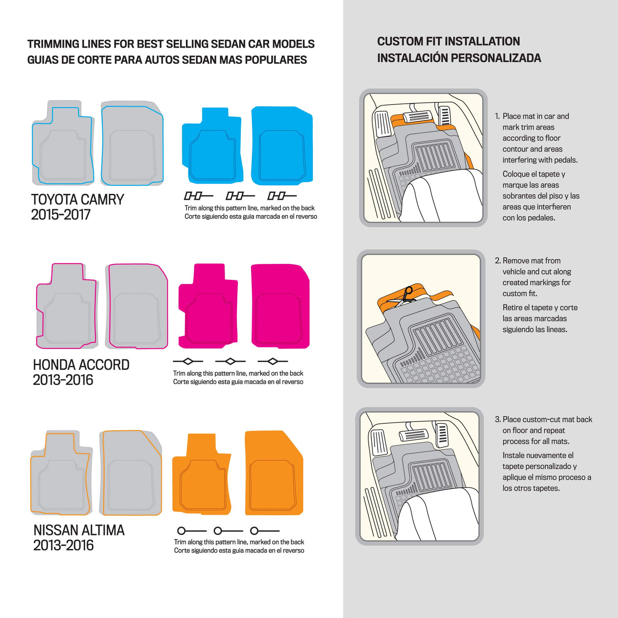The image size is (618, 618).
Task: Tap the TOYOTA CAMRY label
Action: [78, 200]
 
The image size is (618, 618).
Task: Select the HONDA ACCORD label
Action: [81, 365]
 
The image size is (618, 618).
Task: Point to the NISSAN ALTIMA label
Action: [79, 530]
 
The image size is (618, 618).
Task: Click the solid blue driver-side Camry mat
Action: [212, 146]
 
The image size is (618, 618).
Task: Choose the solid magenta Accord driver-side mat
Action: [208, 306]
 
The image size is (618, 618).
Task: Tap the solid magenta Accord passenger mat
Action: [280, 306]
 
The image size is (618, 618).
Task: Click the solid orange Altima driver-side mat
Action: [201, 474]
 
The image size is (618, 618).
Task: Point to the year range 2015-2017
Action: [60, 215]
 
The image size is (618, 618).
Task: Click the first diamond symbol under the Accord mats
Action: [188, 362]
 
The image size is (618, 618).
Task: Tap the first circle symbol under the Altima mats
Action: [181, 531]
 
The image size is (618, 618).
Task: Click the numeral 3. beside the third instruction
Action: [497, 419]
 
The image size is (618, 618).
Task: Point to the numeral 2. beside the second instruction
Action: [497, 261]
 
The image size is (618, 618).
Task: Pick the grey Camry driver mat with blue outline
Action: [63, 143]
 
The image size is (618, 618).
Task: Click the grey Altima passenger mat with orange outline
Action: [131, 473]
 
